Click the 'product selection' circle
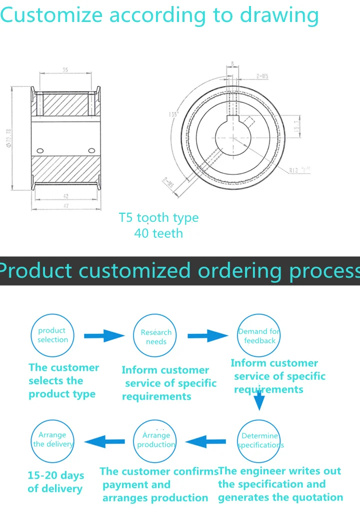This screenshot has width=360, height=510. (x=52, y=335)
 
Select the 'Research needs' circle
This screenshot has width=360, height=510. (x=155, y=337)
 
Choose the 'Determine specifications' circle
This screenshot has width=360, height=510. (x=259, y=440)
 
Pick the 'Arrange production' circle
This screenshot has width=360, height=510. (x=156, y=440)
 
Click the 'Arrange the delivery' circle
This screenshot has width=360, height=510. (x=52, y=440)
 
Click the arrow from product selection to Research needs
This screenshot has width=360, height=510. (x=104, y=336)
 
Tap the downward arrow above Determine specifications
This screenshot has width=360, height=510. (x=258, y=399)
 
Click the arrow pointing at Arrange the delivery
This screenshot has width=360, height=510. (x=104, y=441)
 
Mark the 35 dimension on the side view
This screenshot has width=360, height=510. (x=65, y=70)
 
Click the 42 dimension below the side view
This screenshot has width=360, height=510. (x=65, y=196)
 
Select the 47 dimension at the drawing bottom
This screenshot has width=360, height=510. (x=65, y=206)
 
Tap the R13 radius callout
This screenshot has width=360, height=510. (x=299, y=170)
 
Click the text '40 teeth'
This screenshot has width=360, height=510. (x=158, y=233)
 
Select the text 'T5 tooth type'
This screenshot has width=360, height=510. (x=158, y=218)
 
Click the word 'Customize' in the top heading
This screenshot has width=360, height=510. (x=51, y=16)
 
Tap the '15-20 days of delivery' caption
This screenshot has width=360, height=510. (x=55, y=482)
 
